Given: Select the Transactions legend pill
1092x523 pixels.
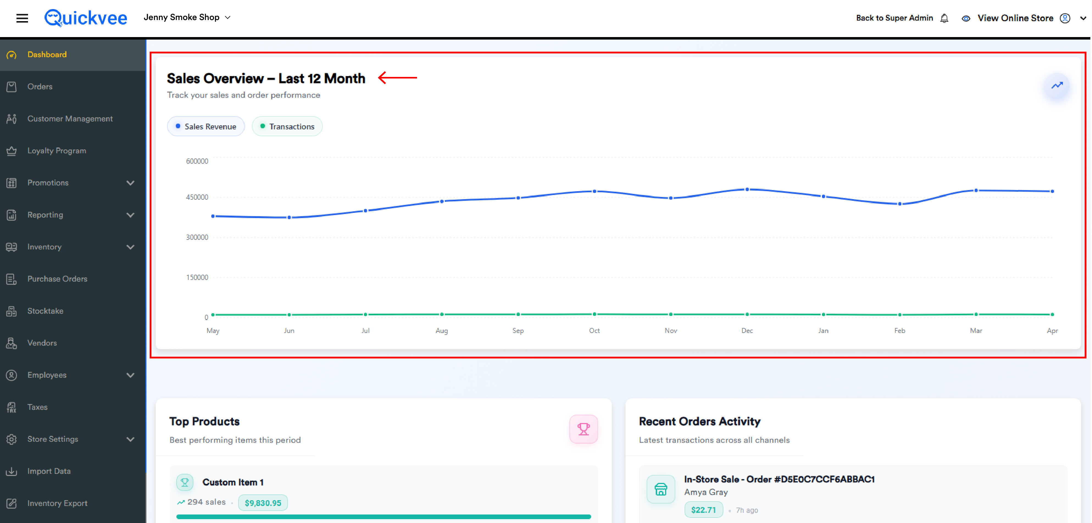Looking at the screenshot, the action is pyautogui.click(x=287, y=126).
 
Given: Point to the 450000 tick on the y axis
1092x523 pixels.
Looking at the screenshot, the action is pyautogui.click(x=197, y=197).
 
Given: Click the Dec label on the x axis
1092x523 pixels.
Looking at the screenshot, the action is pyautogui.click(x=747, y=331).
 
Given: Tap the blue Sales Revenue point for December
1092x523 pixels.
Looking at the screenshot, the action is pyautogui.click(x=747, y=190).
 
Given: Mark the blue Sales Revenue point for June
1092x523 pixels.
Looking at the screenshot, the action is pyautogui.click(x=289, y=218).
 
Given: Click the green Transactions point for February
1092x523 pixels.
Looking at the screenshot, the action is pyautogui.click(x=899, y=315).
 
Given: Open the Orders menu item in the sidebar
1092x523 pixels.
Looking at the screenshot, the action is pyautogui.click(x=40, y=87).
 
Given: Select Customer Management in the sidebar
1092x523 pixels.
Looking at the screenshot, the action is pyautogui.click(x=70, y=119).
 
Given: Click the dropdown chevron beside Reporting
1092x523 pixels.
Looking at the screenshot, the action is pyautogui.click(x=130, y=215).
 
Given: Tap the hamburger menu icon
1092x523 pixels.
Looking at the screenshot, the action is pyautogui.click(x=22, y=18).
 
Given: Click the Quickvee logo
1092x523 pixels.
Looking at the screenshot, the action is pyautogui.click(x=86, y=18).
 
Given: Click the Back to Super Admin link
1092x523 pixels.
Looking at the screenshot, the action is pyautogui.click(x=894, y=18).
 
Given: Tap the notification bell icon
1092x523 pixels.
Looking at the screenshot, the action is pyautogui.click(x=944, y=18).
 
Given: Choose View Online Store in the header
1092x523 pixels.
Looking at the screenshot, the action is pyautogui.click(x=1015, y=18).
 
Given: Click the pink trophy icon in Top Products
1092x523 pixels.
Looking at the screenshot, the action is pyautogui.click(x=583, y=429).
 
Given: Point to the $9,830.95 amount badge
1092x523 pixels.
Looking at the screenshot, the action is pyautogui.click(x=263, y=503).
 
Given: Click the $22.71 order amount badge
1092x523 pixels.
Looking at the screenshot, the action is pyautogui.click(x=703, y=510).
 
